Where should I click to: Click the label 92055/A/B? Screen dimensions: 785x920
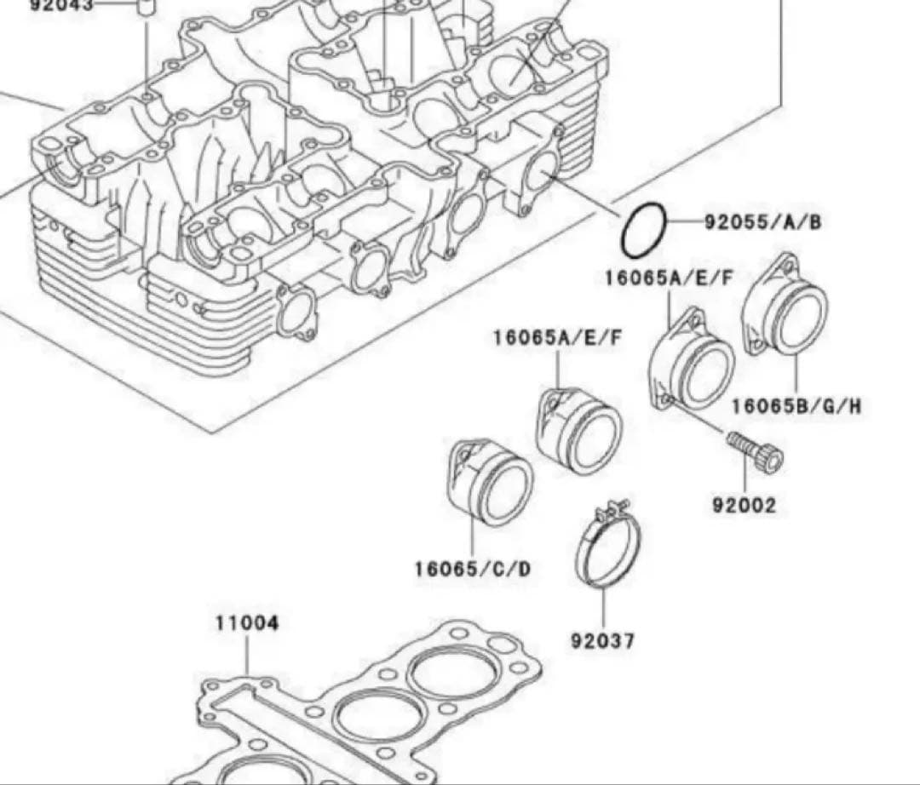click(762, 223)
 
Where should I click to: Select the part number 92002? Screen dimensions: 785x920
click(745, 506)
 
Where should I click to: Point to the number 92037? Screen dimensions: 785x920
click(602, 640)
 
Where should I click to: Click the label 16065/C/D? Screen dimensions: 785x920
click(472, 568)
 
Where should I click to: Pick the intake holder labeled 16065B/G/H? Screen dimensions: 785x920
click(785, 304)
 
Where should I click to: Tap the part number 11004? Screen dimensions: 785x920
click(246, 623)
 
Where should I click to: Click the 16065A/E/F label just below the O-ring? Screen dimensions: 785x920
click(669, 278)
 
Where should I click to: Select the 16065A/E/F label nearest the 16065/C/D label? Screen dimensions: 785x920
click(557, 338)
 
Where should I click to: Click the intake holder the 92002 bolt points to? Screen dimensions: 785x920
click(692, 362)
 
